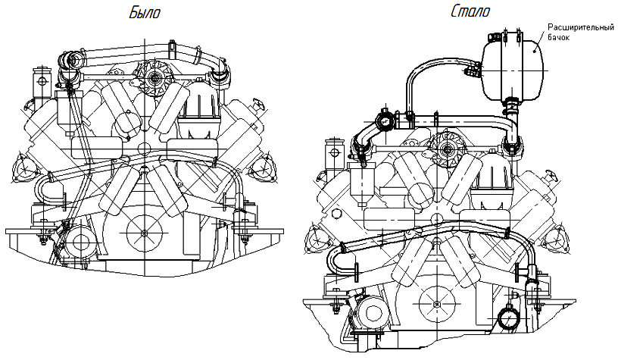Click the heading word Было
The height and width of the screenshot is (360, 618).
(145, 13)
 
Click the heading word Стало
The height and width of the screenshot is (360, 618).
(470, 11)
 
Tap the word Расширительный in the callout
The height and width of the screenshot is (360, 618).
(579, 28)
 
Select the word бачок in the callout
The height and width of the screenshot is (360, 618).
(561, 38)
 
